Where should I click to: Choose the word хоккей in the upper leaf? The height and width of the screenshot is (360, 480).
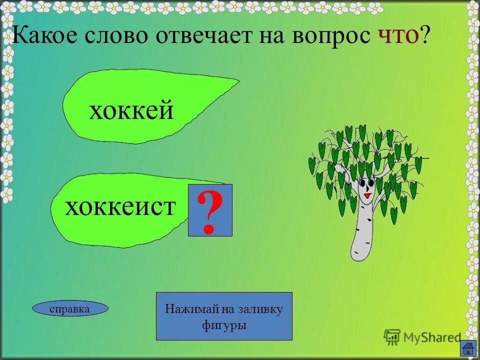(131, 110)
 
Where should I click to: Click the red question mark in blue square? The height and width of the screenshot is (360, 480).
(210, 210)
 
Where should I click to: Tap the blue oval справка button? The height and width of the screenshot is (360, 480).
(70, 309)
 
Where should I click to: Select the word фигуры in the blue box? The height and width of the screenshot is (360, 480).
(224, 324)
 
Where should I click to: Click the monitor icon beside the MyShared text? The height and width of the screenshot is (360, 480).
(392, 336)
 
